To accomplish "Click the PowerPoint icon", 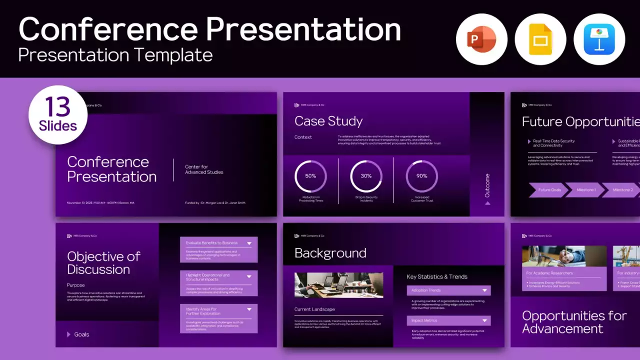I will (481, 39).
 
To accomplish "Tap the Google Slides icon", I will (540, 39).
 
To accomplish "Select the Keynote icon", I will (599, 39).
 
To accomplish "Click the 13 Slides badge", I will (58, 114).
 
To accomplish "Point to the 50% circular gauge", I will (310, 176).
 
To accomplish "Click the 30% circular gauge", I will (366, 176).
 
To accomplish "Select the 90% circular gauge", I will (421, 176).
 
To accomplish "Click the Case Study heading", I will (328, 121).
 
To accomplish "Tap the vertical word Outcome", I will (487, 185).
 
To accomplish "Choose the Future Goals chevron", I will (549, 190).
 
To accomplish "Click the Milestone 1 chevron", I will (585, 190).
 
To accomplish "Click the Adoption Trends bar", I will (448, 290).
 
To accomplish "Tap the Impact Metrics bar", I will (448, 320).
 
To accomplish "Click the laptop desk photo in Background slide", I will (338, 285).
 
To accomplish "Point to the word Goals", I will (81, 334).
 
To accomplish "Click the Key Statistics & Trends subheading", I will (437, 276).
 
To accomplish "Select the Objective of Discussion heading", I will (104, 263).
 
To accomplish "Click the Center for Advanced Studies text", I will (204, 169).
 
